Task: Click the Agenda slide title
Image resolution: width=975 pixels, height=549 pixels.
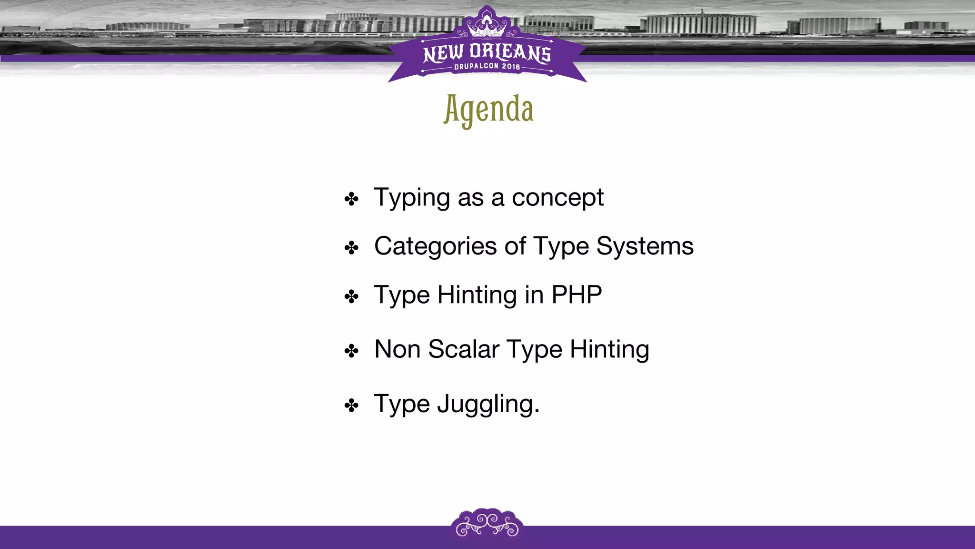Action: [488, 110]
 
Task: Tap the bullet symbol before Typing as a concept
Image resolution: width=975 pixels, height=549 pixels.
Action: [351, 199]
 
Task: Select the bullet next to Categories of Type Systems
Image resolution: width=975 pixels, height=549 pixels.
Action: [351, 248]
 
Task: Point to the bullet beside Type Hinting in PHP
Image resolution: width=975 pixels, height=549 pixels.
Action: [351, 296]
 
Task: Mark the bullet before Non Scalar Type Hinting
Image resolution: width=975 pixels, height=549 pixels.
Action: [351, 351]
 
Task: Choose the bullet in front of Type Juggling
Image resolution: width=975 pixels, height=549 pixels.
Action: [351, 406]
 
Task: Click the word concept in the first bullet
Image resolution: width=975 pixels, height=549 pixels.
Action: [557, 198]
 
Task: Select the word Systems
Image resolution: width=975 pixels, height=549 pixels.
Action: [645, 247]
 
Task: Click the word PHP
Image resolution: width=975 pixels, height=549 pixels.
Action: [577, 295]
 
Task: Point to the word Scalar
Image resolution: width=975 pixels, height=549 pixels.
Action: [464, 349]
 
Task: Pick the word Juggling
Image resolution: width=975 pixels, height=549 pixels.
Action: [488, 405]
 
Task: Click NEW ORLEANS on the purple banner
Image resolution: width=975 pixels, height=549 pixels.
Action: [487, 52]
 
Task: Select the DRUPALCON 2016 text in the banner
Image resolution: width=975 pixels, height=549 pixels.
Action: [487, 67]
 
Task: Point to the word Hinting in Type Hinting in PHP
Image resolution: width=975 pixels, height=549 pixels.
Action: [477, 295]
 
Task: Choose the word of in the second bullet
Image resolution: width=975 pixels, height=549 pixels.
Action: [515, 247]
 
